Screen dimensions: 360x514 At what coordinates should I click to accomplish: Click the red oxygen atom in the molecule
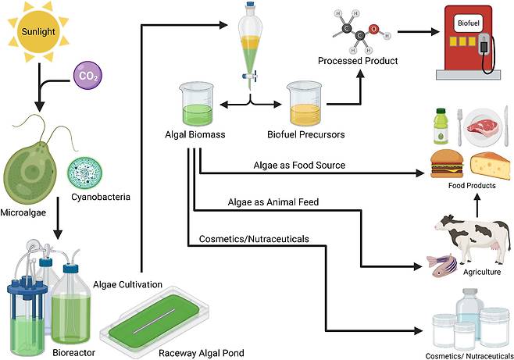click(x=375, y=30)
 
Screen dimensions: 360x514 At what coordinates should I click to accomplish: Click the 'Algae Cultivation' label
click(x=127, y=284)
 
